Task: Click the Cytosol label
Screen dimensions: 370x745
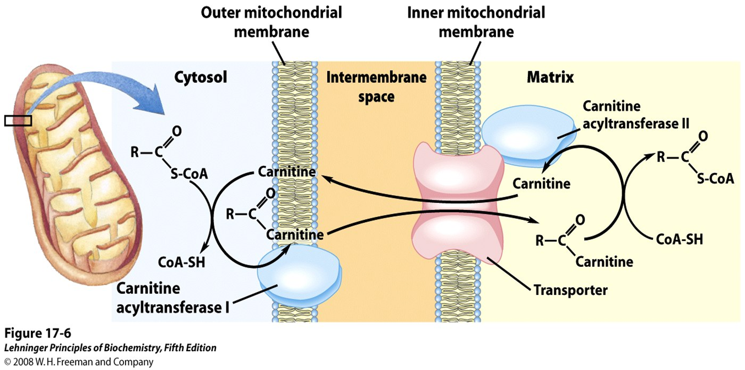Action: click(x=201, y=78)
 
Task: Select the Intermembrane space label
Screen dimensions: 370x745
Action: click(x=376, y=87)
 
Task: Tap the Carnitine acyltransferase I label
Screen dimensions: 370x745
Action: click(x=171, y=297)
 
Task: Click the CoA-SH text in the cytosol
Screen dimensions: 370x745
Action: click(x=181, y=261)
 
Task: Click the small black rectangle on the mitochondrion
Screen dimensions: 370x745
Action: click(x=18, y=120)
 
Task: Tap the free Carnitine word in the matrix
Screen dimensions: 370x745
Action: click(x=541, y=183)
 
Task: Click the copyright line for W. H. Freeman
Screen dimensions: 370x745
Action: click(x=78, y=362)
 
